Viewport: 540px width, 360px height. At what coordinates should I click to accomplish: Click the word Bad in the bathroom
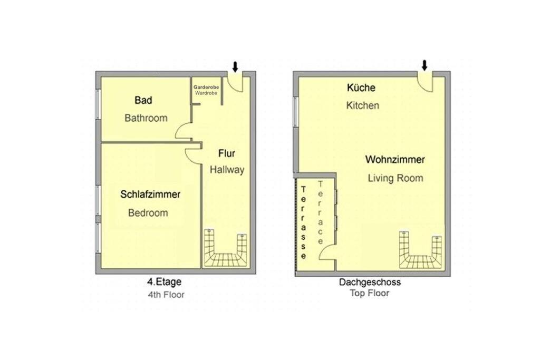(143, 100)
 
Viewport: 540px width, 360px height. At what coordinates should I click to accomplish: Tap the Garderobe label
(206, 87)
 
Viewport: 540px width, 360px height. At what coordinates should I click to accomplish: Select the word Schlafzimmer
(150, 194)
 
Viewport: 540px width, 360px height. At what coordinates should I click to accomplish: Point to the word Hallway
(227, 170)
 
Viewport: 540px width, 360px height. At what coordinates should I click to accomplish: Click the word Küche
(361, 87)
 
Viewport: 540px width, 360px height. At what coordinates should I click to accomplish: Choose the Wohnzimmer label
(395, 160)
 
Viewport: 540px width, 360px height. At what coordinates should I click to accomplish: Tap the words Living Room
(396, 178)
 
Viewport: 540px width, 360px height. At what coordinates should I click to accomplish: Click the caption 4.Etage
(165, 282)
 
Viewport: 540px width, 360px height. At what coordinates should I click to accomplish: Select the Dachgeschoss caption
(370, 282)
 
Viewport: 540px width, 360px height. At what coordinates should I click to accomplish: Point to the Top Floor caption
(370, 293)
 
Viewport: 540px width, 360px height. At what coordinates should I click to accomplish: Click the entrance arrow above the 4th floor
(235, 67)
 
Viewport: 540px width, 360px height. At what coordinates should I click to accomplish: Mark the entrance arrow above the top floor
(425, 65)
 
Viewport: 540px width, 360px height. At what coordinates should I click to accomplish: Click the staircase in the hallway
(226, 248)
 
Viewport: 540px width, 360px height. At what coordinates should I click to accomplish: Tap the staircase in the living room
(420, 250)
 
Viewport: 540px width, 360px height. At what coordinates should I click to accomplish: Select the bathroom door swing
(183, 131)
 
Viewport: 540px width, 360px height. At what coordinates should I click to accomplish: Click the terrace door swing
(326, 252)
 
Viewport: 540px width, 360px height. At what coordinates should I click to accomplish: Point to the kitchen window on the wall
(295, 112)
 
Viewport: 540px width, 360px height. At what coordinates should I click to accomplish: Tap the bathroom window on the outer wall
(98, 104)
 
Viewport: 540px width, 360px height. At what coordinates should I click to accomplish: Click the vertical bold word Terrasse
(303, 222)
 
